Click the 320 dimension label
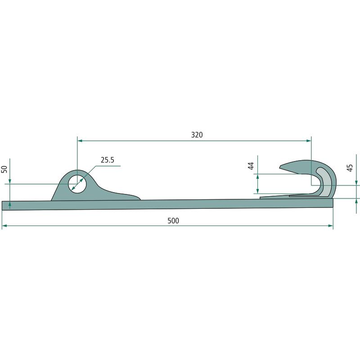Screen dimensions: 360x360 point(197,135)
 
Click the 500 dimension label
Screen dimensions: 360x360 point(173,220)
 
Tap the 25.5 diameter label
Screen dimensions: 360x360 point(108,160)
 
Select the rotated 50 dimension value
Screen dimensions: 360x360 point(4,169)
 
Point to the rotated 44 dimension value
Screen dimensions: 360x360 point(251,166)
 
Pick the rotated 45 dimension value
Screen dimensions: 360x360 point(350,168)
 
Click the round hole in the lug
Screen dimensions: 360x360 point(77,184)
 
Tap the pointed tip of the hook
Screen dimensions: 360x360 point(280,167)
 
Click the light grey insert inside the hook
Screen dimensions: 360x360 point(325,182)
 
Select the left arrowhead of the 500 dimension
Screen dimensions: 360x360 point(4,226)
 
